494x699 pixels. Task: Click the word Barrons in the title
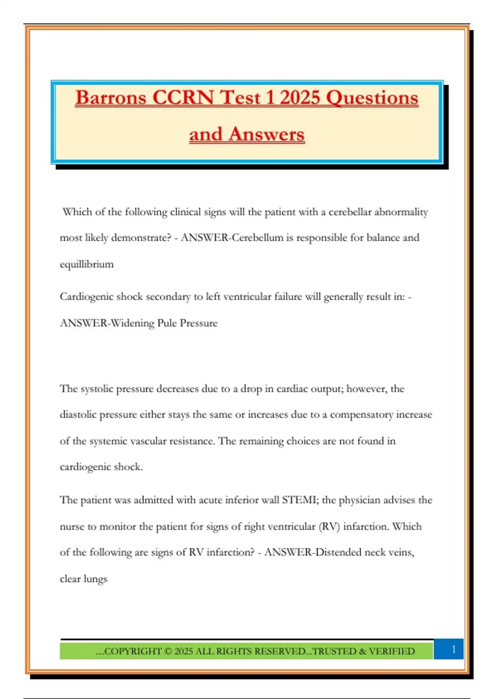111,98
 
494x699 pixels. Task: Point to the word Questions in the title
372,98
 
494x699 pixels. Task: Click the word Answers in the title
267,134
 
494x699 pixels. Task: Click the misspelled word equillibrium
86,264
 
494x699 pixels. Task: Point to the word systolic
97,389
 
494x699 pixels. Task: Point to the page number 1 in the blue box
454,649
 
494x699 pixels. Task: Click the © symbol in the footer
168,651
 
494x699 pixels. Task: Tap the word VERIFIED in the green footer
392,651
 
